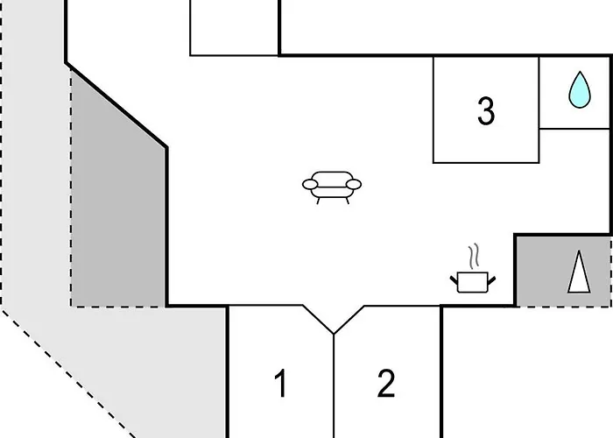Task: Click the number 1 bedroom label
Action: coord(280,384)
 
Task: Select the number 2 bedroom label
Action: coord(386,384)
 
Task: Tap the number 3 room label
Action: coord(486,111)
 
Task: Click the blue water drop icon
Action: coord(580,90)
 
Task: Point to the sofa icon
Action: coord(332,187)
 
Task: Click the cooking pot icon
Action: coord(473,281)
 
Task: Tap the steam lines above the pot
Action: coord(474,256)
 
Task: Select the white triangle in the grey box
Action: coord(579,272)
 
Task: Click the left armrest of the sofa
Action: coord(310,184)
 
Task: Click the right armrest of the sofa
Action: coord(354,184)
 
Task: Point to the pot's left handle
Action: coord(454,280)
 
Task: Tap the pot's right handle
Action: coord(492,280)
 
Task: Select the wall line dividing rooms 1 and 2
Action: coord(334,386)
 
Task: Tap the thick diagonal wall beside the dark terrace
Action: coord(116,105)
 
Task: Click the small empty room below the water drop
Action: coord(574,180)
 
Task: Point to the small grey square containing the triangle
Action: coord(563,271)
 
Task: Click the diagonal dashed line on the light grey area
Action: coord(68,373)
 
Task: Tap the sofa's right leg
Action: coord(347,201)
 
